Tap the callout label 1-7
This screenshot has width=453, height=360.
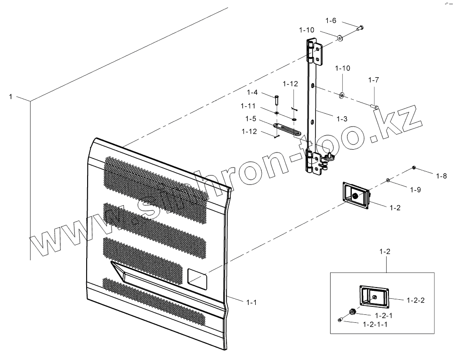pyautogui.click(x=373, y=80)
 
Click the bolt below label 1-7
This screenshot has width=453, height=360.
pyautogui.click(x=375, y=107)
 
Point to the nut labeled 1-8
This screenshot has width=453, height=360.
pyautogui.click(x=413, y=168)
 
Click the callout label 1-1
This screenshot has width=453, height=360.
pyautogui.click(x=251, y=302)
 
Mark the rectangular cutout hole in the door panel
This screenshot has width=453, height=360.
pyautogui.click(x=197, y=277)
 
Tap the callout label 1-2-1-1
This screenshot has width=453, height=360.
pyautogui.click(x=375, y=324)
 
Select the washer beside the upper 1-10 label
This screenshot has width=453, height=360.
pyautogui.click(x=339, y=36)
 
